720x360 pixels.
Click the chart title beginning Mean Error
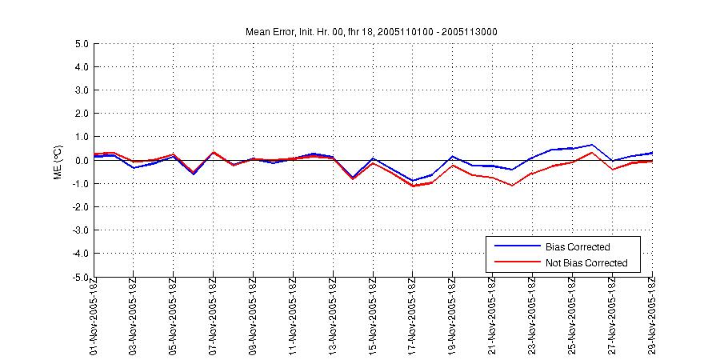pyautogui.click(x=373, y=31)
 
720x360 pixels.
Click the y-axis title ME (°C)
pyautogui.click(x=57, y=162)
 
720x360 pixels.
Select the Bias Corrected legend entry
pyautogui.click(x=578, y=246)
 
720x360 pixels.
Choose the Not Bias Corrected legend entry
pyautogui.click(x=586, y=262)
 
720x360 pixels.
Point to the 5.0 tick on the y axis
pyautogui.click(x=79, y=44)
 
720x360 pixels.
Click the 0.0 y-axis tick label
pyautogui.click(x=79, y=161)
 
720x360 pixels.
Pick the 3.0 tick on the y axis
pyautogui.click(x=79, y=90)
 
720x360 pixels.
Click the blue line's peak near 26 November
pyautogui.click(x=592, y=145)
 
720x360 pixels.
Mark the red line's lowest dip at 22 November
pyautogui.click(x=512, y=186)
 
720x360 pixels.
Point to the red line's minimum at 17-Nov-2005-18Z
pyautogui.click(x=413, y=186)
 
